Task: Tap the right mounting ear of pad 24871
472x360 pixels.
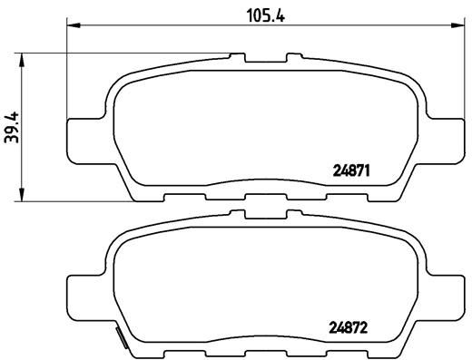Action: (x=445, y=134)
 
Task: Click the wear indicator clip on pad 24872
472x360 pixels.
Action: (x=119, y=341)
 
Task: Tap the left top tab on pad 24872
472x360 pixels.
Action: (x=241, y=216)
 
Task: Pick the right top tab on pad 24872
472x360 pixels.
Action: (x=294, y=216)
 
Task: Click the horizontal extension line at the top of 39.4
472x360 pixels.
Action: (x=136, y=54)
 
